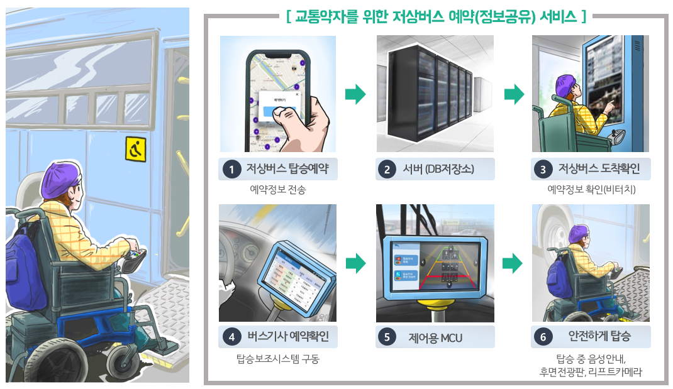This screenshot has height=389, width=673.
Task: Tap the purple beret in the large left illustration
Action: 58,179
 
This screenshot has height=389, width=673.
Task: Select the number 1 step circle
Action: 232,169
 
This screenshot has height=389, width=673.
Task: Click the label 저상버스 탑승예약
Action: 287,169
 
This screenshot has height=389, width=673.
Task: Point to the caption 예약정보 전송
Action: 277,189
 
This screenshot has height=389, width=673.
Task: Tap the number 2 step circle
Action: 387,169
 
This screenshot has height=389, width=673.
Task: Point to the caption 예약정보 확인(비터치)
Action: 591,189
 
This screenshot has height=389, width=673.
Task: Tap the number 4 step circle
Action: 232,337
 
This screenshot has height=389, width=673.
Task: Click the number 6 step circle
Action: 543,337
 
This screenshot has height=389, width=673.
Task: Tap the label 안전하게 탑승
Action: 599,337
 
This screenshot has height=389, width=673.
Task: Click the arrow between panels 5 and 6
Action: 514,263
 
